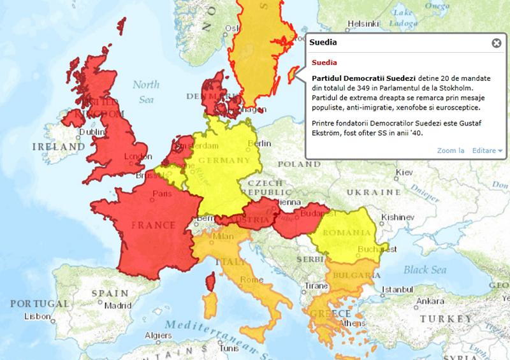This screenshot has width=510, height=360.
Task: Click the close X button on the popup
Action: (x=496, y=43)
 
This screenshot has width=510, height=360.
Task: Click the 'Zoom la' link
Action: (x=451, y=150)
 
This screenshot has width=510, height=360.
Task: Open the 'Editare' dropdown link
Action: (x=487, y=150)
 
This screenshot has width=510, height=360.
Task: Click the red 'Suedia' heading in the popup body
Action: (x=324, y=63)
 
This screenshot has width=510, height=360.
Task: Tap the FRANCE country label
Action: (x=152, y=225)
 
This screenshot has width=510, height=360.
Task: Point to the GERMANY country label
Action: (x=223, y=160)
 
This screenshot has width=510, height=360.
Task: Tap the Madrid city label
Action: (x=118, y=305)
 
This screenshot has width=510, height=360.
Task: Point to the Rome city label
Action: (x=249, y=280)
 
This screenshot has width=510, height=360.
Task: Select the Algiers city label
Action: (x=157, y=335)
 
